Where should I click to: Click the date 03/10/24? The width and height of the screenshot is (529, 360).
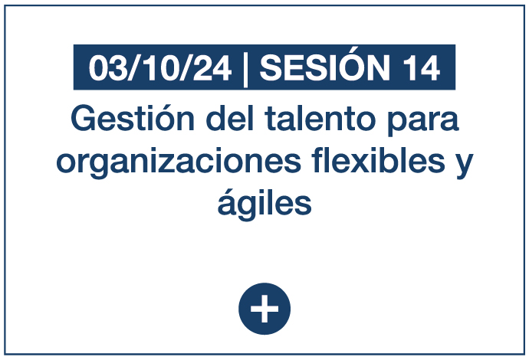pos(160,67)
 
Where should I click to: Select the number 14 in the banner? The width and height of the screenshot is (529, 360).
pos(422,68)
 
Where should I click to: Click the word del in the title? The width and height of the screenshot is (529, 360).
pos(230,118)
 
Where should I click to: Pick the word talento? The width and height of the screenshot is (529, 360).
pos(320,119)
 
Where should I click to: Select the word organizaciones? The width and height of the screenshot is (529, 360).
pos(179,162)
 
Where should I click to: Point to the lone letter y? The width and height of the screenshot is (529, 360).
pos(465,166)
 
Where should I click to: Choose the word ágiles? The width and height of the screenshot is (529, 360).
pos(264,203)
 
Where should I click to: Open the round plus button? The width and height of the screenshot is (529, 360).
pos(264,309)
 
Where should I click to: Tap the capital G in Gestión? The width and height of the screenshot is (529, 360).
pos(83,118)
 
